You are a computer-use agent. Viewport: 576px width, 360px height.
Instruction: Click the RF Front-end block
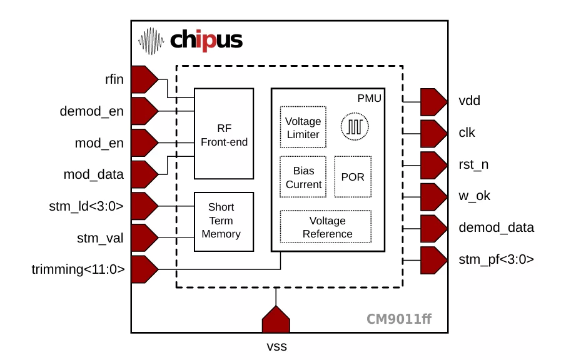pyautogui.click(x=224, y=134)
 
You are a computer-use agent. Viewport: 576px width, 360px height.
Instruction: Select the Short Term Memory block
pyautogui.click(x=224, y=221)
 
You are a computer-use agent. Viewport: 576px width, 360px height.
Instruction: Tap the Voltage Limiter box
pyautogui.click(x=303, y=127)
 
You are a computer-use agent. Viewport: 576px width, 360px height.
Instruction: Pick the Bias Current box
pyautogui.click(x=303, y=177)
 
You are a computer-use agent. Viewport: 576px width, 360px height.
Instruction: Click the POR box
pyautogui.click(x=353, y=177)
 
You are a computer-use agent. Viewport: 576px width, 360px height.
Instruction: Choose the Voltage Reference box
pyautogui.click(x=326, y=226)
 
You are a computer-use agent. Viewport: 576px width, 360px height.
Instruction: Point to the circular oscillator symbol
pyautogui.click(x=355, y=127)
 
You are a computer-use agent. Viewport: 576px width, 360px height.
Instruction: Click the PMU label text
pyautogui.click(x=369, y=98)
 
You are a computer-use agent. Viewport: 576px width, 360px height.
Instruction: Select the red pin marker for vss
pyautogui.click(x=275, y=320)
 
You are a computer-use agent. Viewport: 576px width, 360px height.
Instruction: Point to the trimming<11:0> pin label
pyautogui.click(x=78, y=270)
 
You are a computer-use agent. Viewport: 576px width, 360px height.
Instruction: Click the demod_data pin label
pyautogui.click(x=497, y=227)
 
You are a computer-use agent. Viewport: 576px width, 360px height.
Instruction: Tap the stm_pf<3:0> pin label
pyautogui.click(x=496, y=259)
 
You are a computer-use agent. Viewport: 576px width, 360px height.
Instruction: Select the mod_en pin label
pyautogui.click(x=99, y=143)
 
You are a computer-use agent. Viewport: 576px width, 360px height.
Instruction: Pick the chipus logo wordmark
pyautogui.click(x=206, y=41)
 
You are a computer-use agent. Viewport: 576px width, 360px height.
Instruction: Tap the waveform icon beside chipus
pyautogui.click(x=151, y=41)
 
